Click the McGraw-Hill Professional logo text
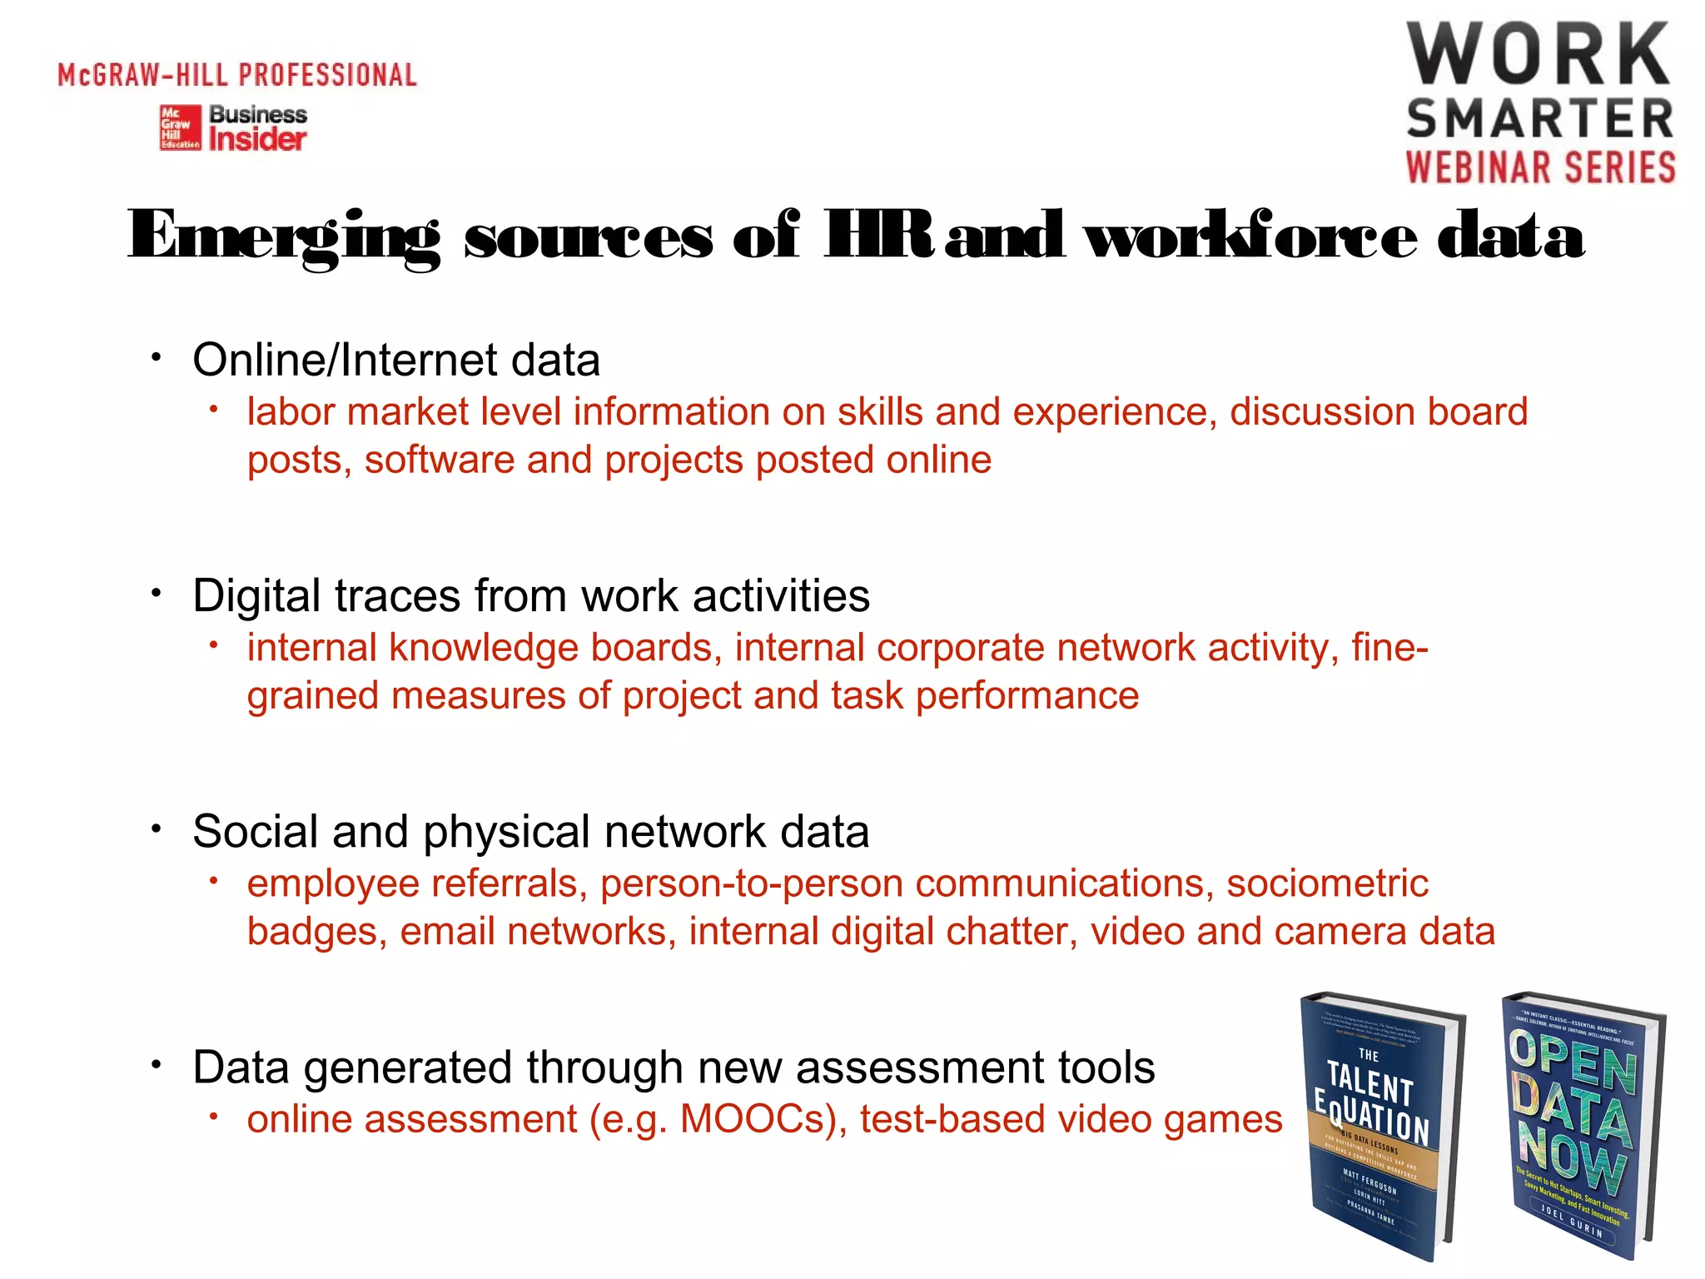237,75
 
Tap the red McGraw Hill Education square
181,127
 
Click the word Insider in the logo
257,139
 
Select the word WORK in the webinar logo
1538,55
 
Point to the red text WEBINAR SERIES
1541,167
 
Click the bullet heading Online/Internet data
396,360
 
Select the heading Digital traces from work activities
531,595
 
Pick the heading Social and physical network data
531,831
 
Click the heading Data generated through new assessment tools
674,1067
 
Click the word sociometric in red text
1327,883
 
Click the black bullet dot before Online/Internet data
156,358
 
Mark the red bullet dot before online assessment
214,1116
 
